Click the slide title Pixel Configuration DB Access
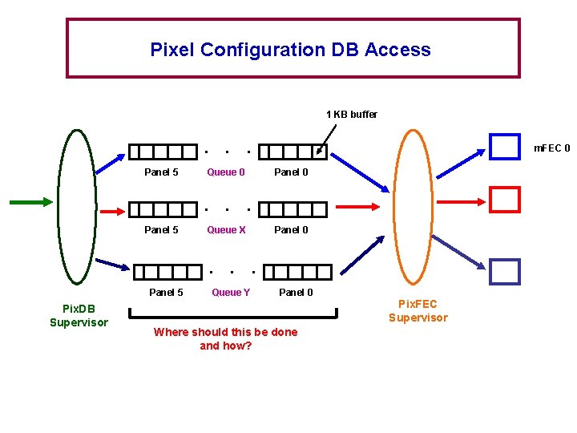coord(290,50)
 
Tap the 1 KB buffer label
coord(351,115)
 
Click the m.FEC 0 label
coord(552,148)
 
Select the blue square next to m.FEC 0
coord(505,147)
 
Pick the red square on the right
coord(505,199)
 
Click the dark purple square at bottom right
coord(505,272)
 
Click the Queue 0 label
coord(226,172)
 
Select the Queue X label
coord(226,230)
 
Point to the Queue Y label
coord(231,293)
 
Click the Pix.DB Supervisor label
coord(79,315)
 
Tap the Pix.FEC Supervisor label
coord(418,310)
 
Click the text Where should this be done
coord(225,332)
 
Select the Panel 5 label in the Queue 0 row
coord(161,172)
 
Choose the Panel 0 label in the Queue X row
coord(291,230)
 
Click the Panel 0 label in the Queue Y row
coord(296,293)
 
